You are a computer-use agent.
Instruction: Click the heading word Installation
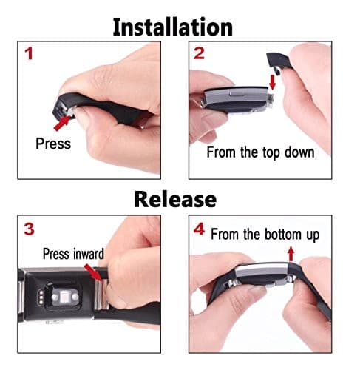172,27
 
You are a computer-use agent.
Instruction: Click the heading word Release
175,199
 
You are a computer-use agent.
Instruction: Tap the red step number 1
29,53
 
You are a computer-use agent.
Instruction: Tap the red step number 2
199,53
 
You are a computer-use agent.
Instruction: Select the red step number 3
29,229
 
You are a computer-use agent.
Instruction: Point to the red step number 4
199,229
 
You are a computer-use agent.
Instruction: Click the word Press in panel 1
53,144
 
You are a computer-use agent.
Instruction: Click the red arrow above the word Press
62,122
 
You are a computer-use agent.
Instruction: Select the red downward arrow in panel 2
272,83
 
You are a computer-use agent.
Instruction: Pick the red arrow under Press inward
93,272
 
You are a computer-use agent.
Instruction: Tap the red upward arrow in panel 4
291,254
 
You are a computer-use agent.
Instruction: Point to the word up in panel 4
313,235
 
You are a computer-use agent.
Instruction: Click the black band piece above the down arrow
277,61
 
